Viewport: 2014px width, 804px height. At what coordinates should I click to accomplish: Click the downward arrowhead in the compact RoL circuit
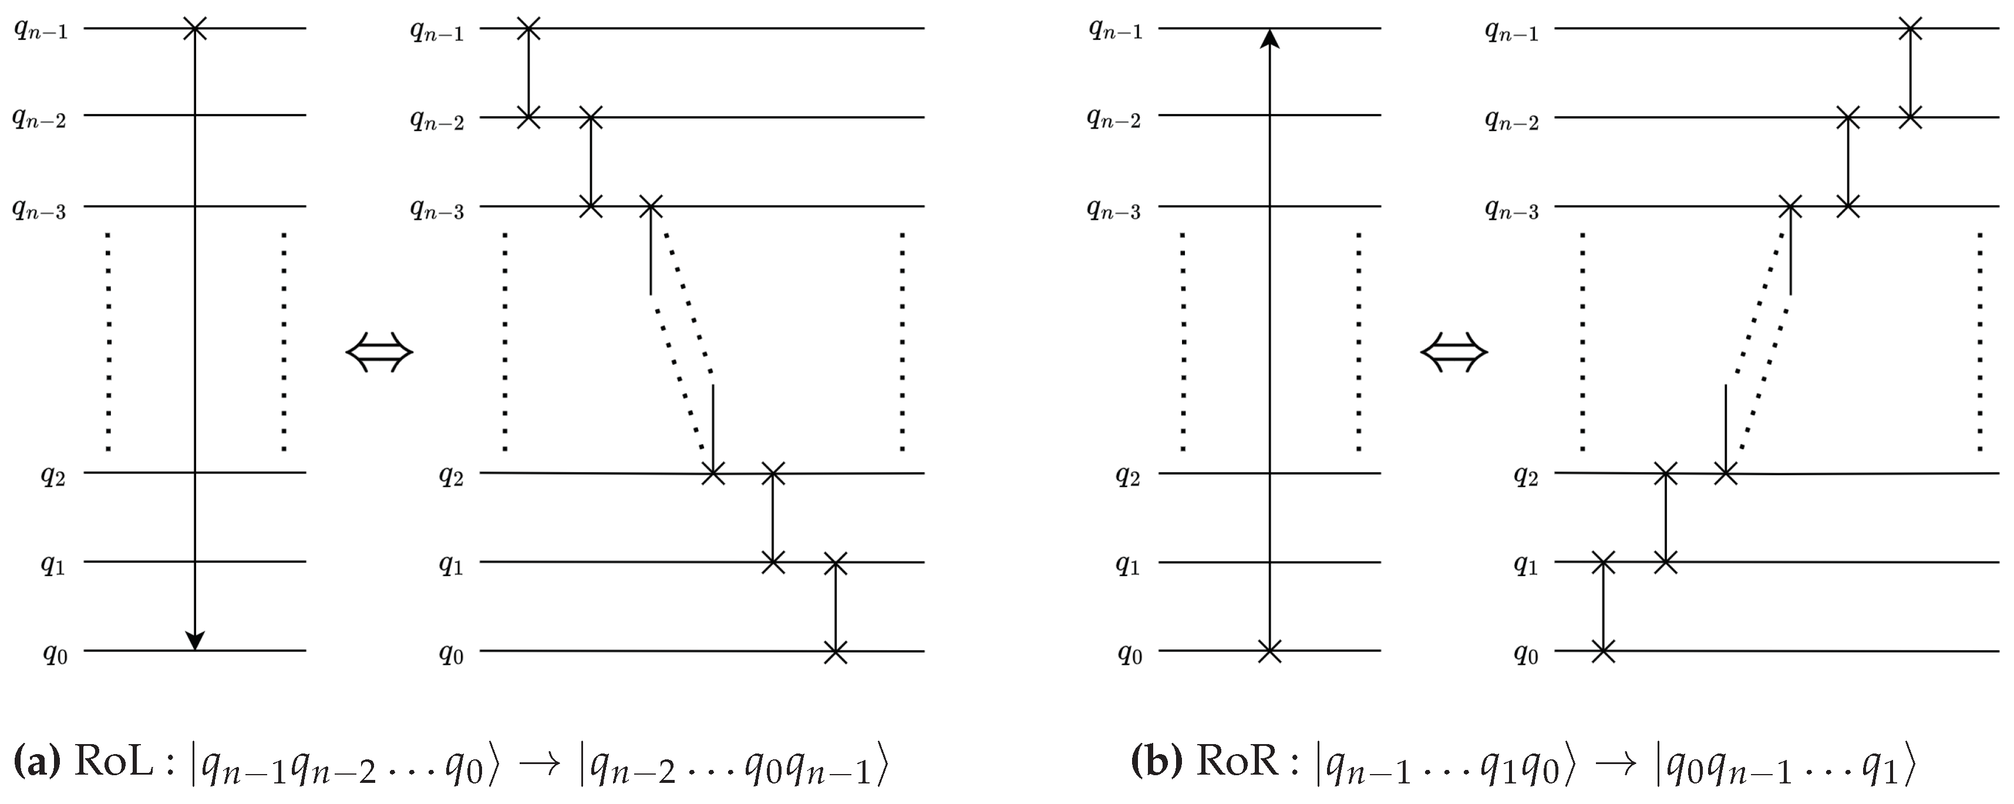coord(195,640)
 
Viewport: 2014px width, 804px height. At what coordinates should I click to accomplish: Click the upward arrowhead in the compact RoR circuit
coord(1269,39)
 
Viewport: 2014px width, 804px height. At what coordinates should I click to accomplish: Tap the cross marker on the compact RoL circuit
coord(195,29)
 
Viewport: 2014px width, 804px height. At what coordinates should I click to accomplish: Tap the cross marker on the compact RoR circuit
coord(1269,651)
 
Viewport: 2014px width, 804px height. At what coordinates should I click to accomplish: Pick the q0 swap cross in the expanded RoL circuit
coord(835,651)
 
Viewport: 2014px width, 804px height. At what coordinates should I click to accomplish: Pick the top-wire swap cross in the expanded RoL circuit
coord(528,29)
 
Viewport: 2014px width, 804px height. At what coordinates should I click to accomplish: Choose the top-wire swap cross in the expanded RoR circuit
coord(1909,29)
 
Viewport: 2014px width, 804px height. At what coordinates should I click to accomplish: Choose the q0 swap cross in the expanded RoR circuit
coord(1603,651)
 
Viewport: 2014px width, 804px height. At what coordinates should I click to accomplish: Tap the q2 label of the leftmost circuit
coord(54,476)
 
